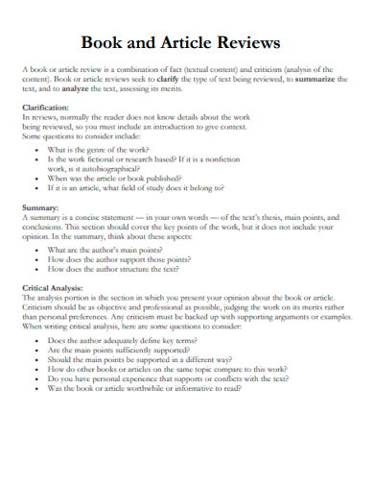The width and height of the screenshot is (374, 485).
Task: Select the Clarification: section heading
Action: pos(46,107)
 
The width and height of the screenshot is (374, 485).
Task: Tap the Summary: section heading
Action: pos(39,207)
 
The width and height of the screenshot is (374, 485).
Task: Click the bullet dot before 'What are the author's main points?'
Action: pos(37,250)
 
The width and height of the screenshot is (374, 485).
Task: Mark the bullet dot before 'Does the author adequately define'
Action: pos(37,340)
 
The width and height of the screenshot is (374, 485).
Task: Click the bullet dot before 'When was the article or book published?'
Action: pos(37,178)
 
